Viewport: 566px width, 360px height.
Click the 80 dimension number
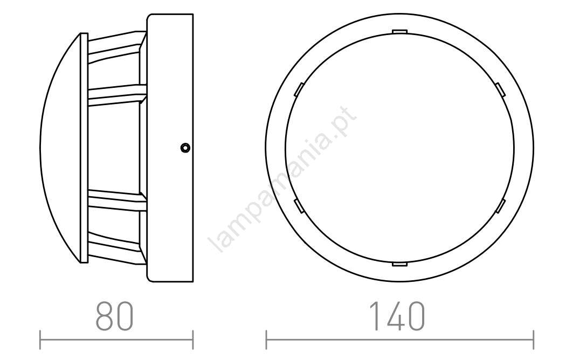point(115,316)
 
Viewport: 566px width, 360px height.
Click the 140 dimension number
point(397,316)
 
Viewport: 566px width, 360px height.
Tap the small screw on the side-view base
point(185,148)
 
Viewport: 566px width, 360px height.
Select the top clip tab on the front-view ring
point(399,32)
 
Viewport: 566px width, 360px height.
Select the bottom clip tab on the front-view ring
point(399,265)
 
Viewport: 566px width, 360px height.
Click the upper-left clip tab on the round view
point(299,89)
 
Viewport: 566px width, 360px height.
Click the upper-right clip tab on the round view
point(500,89)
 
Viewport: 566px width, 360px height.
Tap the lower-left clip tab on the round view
point(299,206)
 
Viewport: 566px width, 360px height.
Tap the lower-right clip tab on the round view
point(500,206)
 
